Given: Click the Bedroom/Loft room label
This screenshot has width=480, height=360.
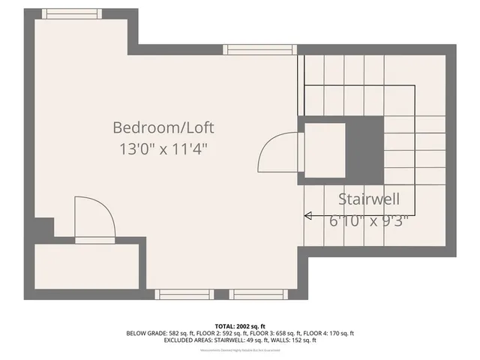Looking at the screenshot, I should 168,127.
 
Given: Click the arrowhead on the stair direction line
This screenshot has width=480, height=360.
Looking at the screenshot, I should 307,216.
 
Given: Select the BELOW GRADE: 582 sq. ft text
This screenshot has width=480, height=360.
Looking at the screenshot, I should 159,332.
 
